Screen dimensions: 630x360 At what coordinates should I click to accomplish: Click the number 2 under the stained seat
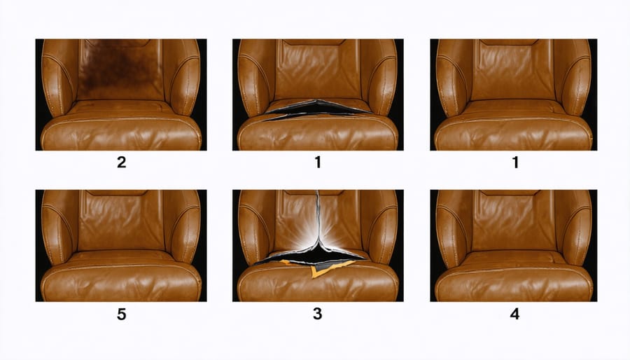pos(121,162)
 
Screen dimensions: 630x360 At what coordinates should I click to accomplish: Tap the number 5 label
pos(121,314)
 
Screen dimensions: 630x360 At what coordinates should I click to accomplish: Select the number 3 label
pos(317,314)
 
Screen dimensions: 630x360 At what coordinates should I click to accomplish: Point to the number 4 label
pos(514,314)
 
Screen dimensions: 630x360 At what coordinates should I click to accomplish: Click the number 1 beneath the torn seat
pos(318,162)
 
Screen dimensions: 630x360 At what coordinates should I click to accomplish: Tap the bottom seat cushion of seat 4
pos(514,282)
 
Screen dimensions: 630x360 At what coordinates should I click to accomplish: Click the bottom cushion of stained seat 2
pos(121,132)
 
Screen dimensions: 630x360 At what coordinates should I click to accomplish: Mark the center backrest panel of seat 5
pos(120,222)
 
